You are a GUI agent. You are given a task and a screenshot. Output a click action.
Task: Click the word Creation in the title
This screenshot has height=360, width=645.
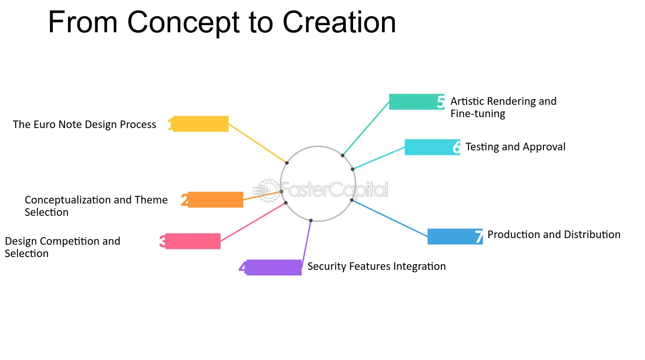[339, 22]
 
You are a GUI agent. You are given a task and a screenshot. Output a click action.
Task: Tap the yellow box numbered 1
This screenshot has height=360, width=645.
[201, 124]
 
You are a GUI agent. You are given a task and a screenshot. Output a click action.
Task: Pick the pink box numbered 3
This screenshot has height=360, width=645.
[193, 241]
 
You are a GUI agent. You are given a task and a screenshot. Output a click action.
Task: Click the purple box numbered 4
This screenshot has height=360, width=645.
[274, 268]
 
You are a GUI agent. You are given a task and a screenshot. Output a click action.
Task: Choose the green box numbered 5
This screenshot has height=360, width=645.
[417, 102]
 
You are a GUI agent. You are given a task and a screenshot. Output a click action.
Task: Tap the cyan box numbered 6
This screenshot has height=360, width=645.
[432, 147]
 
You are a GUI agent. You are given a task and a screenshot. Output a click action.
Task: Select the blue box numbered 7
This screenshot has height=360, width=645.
[455, 237]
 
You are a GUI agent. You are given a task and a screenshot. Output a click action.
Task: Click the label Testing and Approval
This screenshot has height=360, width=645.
[515, 147]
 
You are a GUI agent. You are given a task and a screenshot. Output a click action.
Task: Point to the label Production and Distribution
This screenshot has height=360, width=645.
[554, 234]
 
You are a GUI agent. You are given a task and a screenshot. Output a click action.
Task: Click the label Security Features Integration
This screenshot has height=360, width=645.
[377, 267]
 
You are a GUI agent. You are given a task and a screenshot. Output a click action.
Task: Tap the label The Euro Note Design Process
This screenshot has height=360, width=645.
[84, 125]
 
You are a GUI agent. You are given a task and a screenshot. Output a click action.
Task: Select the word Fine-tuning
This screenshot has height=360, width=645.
[478, 114]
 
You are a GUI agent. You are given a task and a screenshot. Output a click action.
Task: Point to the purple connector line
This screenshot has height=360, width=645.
[307, 240]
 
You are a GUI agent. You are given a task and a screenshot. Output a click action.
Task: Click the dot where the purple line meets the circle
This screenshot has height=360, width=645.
[311, 221]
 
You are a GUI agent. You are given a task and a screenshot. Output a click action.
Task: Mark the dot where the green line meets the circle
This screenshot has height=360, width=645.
[342, 156]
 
